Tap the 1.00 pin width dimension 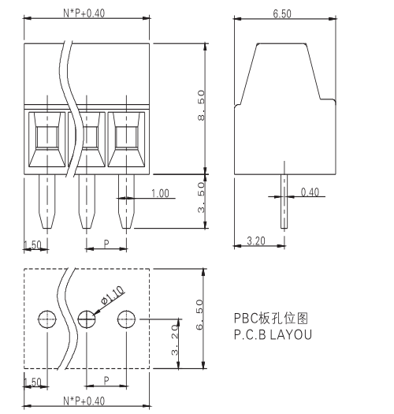[x=160, y=193]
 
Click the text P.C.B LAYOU [x=272, y=334]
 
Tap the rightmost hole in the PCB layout [x=127, y=319]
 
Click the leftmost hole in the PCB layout [x=47, y=319]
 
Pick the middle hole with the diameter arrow [x=87, y=319]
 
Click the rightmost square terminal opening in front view [x=126, y=138]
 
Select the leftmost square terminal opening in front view [x=46, y=138]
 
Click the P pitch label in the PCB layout [x=107, y=380]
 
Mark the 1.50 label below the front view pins [x=32, y=382]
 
